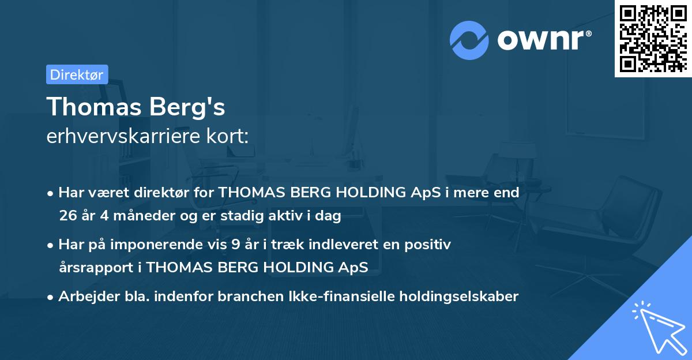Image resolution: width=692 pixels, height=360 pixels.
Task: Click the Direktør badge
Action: pos(77,74)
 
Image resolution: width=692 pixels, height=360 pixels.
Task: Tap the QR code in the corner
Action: pos(653,38)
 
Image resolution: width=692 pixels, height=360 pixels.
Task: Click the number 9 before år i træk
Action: pos(235,245)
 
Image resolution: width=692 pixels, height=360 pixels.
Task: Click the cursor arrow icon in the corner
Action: pos(657,327)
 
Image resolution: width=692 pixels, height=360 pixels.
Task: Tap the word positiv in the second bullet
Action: pos(431,245)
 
